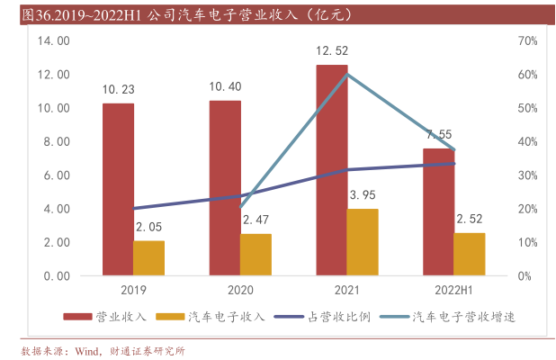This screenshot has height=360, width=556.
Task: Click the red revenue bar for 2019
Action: click(x=118, y=189)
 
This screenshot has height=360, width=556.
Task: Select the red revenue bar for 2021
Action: click(x=331, y=170)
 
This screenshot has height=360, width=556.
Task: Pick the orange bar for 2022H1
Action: click(x=469, y=254)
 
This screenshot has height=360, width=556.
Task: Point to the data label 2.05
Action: click(x=148, y=227)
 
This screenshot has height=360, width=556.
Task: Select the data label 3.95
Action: click(x=362, y=194)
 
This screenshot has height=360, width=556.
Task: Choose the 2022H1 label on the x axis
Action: click(x=453, y=291)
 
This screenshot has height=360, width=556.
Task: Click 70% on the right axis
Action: click(x=528, y=41)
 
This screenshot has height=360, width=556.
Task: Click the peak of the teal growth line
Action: click(x=347, y=74)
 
